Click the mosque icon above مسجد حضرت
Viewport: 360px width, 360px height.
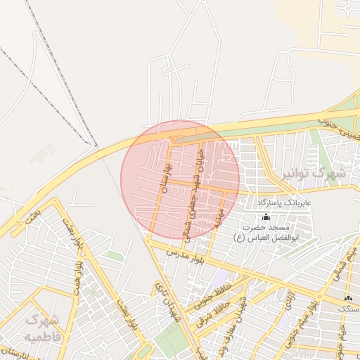pyautogui.click(x=265, y=216)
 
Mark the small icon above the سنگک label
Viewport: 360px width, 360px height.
pyautogui.click(x=348, y=299)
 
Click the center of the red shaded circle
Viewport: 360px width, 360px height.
pyautogui.click(x=181, y=179)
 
